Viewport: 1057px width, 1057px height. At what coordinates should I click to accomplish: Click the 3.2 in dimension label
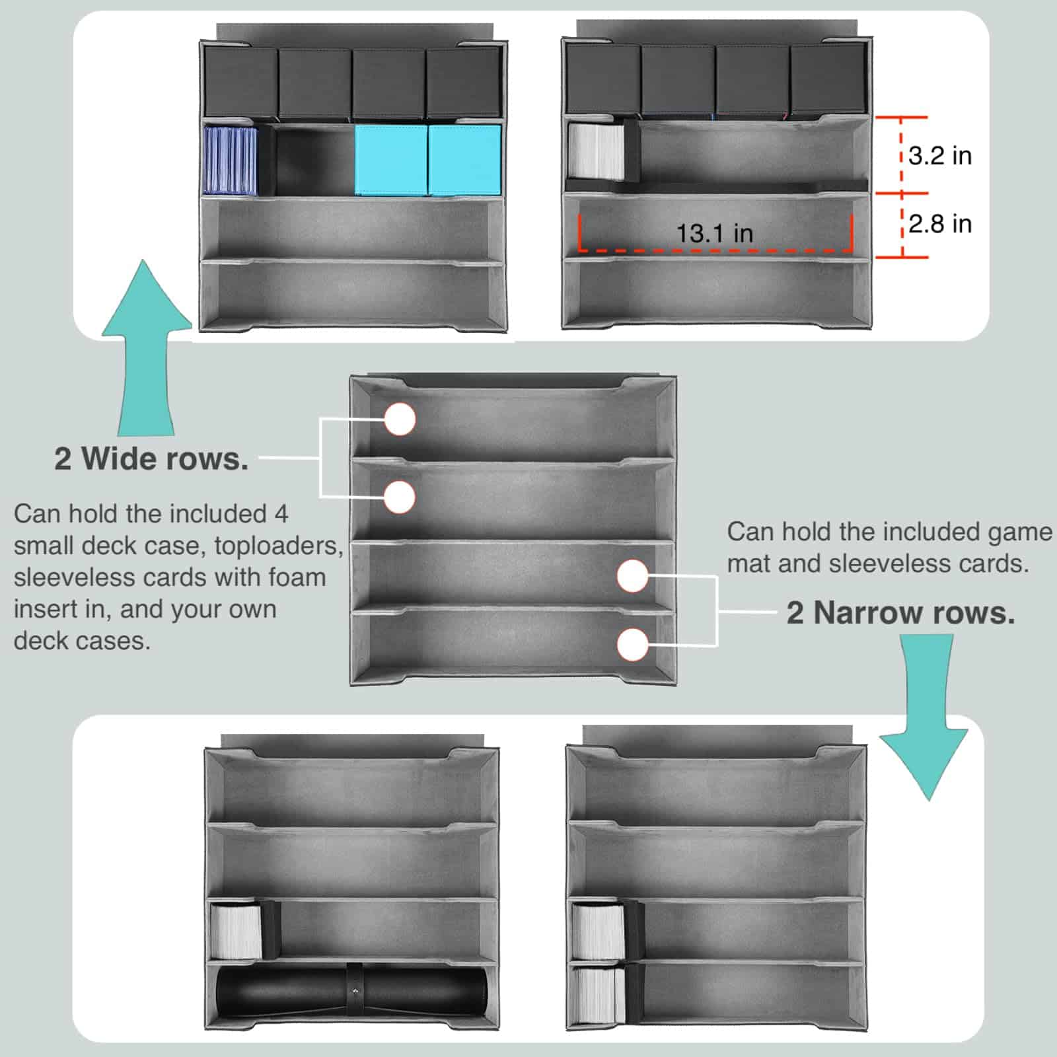coord(939,156)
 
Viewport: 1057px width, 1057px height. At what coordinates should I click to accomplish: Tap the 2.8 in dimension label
coord(939,224)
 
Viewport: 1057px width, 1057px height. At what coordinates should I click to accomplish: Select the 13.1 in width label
coord(714,233)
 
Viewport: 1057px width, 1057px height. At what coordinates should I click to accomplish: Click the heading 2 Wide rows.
coord(151,458)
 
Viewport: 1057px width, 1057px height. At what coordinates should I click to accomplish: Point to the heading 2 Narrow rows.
coord(900,613)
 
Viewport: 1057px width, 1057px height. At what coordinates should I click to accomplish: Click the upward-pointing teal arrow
coord(147,347)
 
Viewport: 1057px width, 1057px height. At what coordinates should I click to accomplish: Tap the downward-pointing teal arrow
coord(924,717)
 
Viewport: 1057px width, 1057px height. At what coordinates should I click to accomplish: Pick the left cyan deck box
coord(391,160)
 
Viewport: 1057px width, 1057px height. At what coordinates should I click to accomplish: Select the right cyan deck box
coord(464,160)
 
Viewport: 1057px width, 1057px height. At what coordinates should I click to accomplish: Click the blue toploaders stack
coord(230,160)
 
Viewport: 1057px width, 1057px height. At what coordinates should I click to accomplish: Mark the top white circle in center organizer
coord(400,419)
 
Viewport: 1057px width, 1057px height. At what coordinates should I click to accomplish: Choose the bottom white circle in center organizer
coord(633,644)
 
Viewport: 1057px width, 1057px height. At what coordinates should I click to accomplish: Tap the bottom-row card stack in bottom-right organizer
coord(599,996)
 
